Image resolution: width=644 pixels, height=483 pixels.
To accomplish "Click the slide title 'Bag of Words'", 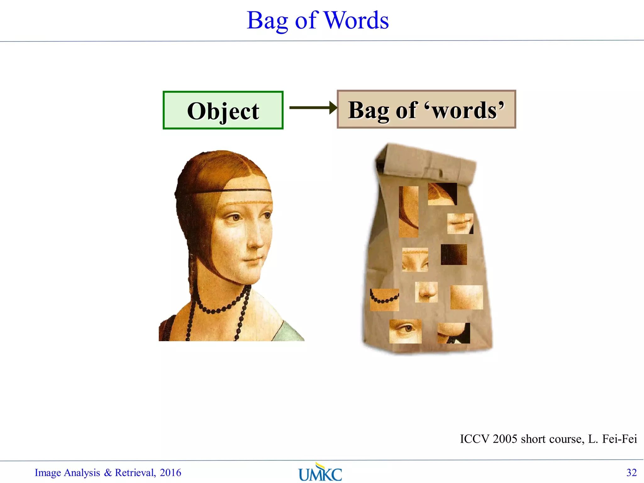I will [318, 20].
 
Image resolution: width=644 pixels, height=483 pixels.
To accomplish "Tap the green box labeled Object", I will [223, 110].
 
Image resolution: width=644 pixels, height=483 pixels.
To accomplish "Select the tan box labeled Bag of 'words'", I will [426, 109].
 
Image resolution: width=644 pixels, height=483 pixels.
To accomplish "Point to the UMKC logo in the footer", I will [320, 473].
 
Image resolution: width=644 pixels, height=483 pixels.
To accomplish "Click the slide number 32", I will [631, 473].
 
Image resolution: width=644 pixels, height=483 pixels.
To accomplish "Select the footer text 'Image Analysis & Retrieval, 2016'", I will [108, 473].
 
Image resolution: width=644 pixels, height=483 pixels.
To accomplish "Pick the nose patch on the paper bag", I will [426, 292].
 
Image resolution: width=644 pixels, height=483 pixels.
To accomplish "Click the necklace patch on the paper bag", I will [384, 300].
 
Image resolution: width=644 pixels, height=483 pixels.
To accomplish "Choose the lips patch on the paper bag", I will [460, 224].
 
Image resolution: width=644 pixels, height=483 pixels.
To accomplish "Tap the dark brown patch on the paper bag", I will [453, 254].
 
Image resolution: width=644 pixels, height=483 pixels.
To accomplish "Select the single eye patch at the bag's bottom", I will [405, 331].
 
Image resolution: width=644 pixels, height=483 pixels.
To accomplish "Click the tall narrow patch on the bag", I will [408, 212].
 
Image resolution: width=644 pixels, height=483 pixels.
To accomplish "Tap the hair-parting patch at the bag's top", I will [442, 194].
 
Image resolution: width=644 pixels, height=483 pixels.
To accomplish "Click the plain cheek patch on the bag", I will [466, 297].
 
